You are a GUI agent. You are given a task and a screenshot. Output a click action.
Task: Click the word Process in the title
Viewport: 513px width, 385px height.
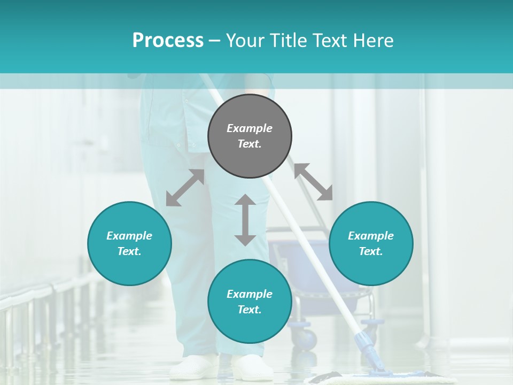pos(168,41)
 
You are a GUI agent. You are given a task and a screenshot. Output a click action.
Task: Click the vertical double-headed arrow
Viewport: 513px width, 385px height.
pos(245,220)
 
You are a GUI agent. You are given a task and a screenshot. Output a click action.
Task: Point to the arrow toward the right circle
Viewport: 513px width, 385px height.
pos(313,182)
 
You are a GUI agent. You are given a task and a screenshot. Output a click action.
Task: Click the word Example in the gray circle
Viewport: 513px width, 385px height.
pos(250,128)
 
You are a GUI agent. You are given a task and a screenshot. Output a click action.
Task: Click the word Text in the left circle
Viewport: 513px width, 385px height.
pos(129,251)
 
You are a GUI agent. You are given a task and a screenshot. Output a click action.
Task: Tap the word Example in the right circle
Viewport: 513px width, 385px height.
pos(371,236)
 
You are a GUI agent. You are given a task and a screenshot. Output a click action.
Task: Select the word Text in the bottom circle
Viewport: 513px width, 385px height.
pos(250,310)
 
